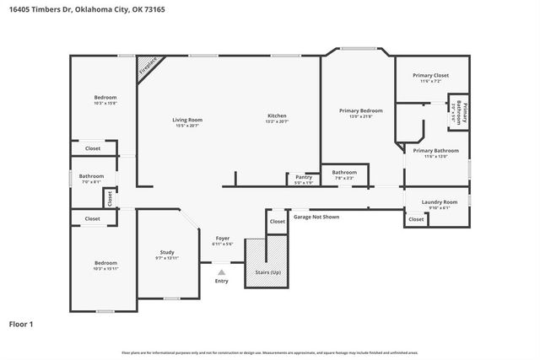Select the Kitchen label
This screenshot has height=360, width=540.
[278, 116]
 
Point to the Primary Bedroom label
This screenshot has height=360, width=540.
[360, 110]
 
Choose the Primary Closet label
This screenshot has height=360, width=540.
[430, 76]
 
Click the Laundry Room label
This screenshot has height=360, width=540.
[440, 202]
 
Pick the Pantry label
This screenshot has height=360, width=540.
[304, 177]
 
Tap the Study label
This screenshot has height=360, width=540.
[167, 253]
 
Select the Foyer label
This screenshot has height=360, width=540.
[223, 239]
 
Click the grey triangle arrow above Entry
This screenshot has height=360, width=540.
[222, 271]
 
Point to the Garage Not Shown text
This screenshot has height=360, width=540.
[316, 217]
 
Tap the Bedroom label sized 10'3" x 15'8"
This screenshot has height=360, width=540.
[105, 99]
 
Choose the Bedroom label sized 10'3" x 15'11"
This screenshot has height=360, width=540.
[105, 263]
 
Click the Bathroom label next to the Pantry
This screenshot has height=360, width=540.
[344, 173]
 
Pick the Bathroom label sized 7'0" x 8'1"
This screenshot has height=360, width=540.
[91, 177]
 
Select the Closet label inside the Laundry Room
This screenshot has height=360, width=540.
[416, 219]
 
